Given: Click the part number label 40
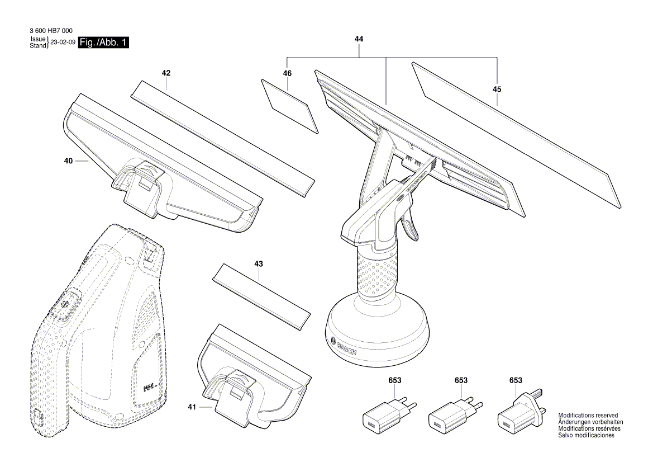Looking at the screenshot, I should click(68, 161).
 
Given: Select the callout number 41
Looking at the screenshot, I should click(192, 408).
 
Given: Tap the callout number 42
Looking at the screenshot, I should click(166, 73).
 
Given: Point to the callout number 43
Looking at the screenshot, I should click(258, 263).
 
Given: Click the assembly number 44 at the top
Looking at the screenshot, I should click(359, 39).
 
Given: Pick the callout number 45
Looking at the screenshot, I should click(497, 89).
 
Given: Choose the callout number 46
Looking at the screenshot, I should click(287, 73).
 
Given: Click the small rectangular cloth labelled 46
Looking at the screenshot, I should click(289, 106).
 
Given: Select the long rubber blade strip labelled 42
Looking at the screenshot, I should click(222, 137).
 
